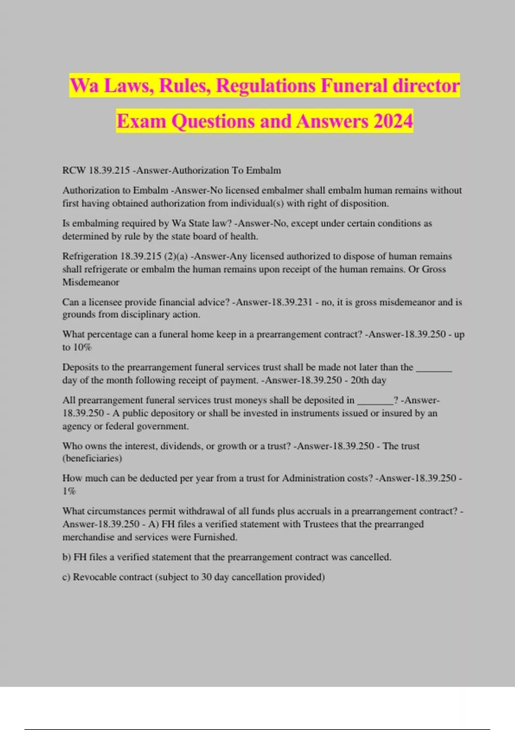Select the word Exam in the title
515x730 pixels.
click(x=141, y=121)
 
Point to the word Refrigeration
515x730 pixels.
click(x=90, y=256)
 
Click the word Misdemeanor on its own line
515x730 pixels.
click(x=91, y=282)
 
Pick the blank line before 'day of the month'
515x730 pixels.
click(x=434, y=368)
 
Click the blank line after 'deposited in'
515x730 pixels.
click(x=375, y=400)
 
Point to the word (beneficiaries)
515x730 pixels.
click(x=92, y=458)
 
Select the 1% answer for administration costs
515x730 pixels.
click(x=69, y=491)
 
